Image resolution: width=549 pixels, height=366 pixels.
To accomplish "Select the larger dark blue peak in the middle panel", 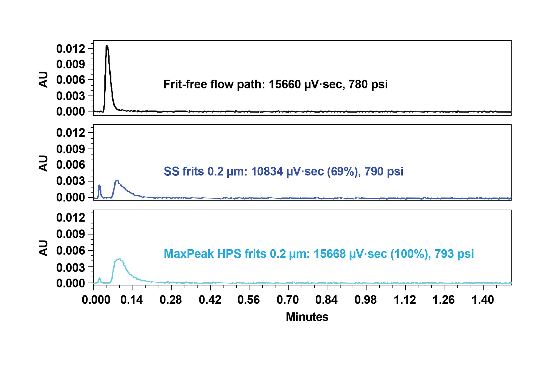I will tap(117, 181).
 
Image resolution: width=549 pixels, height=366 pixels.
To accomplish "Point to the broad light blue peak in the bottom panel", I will tap(119, 260).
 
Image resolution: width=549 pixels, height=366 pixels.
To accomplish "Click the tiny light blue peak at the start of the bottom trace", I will tap(100, 279).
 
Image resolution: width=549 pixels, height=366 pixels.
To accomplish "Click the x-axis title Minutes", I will tap(307, 317).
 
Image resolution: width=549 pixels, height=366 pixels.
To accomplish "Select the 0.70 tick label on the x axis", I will tap(288, 300).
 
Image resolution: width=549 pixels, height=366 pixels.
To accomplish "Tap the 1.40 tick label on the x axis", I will tap(483, 300).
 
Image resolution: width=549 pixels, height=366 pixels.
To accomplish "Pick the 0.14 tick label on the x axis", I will tap(132, 300).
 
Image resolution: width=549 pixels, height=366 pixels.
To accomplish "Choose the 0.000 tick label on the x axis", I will tap(96, 300).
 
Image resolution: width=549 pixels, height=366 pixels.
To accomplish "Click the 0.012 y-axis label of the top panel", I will tap(71, 49).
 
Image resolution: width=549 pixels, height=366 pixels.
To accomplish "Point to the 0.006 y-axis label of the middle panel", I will tap(71, 165).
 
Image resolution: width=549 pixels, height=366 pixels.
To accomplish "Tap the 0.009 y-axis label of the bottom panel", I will tap(71, 234).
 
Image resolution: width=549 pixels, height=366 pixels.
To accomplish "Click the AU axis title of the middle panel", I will tap(43, 163).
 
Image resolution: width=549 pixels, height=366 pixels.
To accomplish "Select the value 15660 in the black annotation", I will tap(285, 84).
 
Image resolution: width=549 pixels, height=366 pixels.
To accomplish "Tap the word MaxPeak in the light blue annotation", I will tap(189, 254).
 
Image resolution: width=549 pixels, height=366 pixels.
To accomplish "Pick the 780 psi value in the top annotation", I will tap(368, 84).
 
